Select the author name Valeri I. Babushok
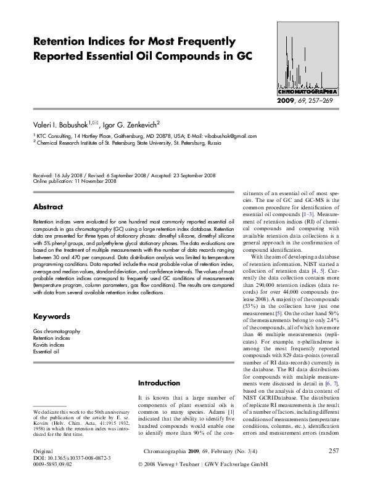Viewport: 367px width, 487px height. [x=64, y=124]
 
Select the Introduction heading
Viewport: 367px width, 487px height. [x=159, y=382]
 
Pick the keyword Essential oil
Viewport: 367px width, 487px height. [x=46, y=352]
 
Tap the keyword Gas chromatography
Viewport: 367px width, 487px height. [x=57, y=331]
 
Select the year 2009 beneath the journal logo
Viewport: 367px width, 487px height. [x=287, y=100]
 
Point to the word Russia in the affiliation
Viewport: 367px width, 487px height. [x=214, y=142]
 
